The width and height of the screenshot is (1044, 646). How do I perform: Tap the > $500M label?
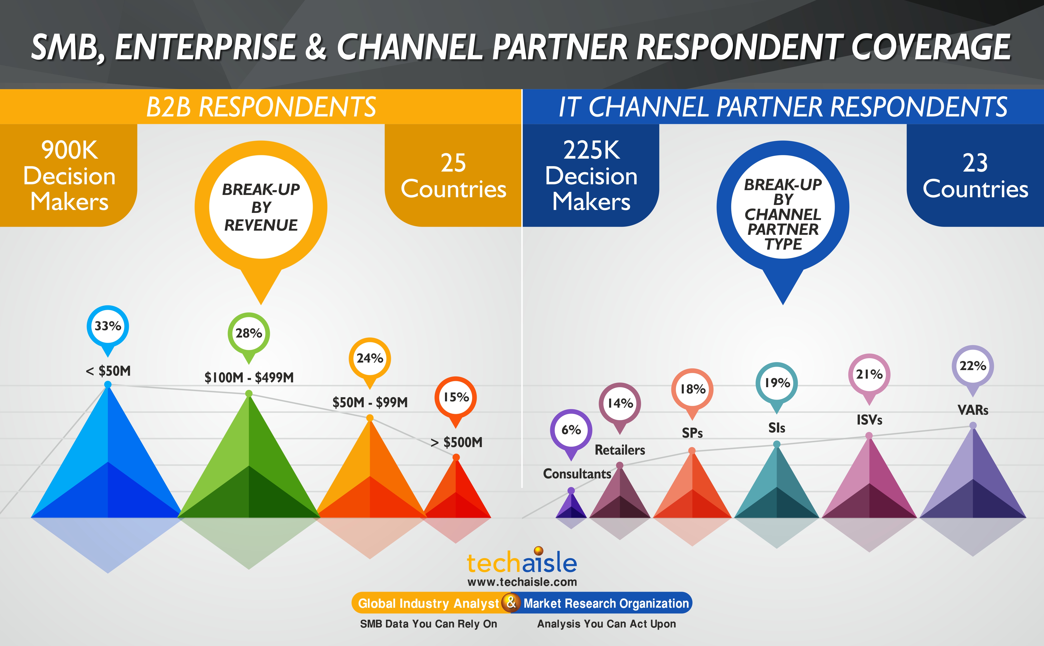pos(456,442)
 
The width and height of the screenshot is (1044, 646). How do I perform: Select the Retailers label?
pos(620,450)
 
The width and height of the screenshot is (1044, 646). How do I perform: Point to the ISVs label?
pos(869,420)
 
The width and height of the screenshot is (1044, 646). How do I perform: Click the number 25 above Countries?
pos(454,163)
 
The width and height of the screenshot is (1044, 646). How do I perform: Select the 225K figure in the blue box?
pos(592,150)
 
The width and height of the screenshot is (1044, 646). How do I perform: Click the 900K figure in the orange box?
pos(70,150)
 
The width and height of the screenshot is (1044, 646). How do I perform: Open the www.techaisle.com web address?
pos(522,582)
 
